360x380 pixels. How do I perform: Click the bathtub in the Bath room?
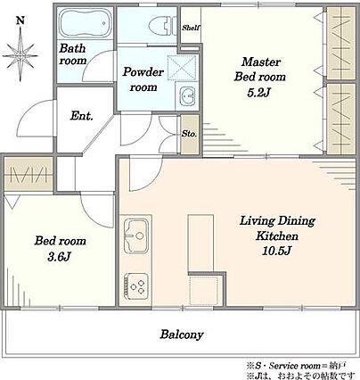85,23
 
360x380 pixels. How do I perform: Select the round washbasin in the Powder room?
187,96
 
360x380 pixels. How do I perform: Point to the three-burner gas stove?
136,285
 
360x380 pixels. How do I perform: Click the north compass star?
20,55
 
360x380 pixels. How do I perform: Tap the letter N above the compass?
20,21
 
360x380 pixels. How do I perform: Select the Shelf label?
191,28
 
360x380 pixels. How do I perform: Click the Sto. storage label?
189,134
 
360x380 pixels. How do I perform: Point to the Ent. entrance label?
82,116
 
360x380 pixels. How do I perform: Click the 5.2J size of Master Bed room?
258,94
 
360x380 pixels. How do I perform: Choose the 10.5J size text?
276,251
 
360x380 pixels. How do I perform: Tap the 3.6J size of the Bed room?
59,257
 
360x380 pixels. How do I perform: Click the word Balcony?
182,335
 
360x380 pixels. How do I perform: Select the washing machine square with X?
182,68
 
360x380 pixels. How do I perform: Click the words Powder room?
143,79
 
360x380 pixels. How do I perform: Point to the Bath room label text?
73,54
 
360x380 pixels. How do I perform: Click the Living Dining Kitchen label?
277,228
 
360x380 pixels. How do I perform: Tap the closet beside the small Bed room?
29,174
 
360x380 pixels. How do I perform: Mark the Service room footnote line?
296,366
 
